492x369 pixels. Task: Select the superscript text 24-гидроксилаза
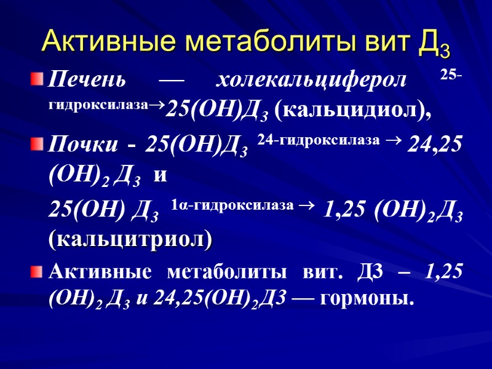319,141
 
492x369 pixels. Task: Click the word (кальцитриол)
130,239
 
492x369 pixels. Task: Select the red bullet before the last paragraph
38,271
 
